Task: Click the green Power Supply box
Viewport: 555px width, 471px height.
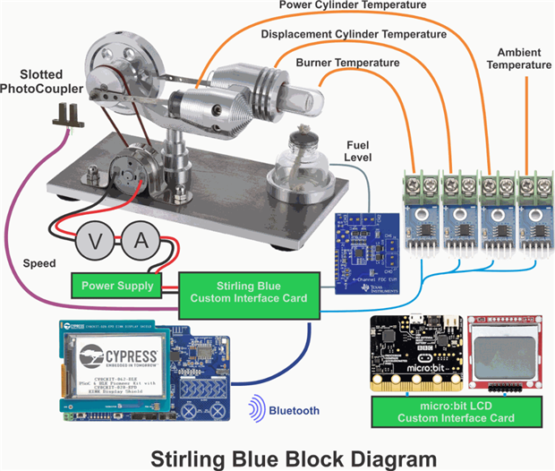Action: [116, 287]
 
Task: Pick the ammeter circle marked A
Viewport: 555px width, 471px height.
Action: [141, 241]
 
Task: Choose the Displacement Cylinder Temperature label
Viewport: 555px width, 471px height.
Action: [353, 34]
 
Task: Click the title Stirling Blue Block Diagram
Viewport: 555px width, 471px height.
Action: [277, 456]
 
